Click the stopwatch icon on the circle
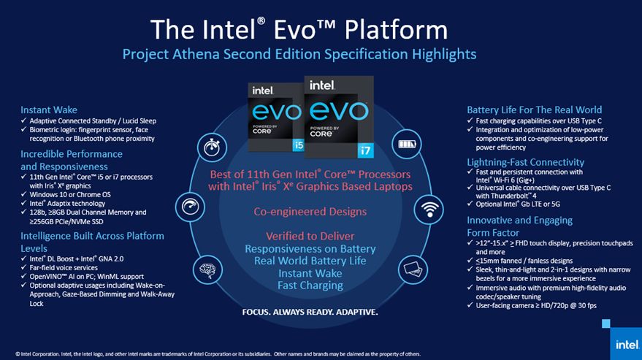(x=212, y=147)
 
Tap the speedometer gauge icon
(x=190, y=207)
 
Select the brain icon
(x=207, y=270)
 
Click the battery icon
(x=407, y=144)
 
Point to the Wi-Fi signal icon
(x=429, y=210)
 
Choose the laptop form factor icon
(x=413, y=269)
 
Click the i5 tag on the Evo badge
(x=299, y=145)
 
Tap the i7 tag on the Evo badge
(x=365, y=150)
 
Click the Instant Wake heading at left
(x=49, y=110)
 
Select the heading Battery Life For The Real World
(x=535, y=110)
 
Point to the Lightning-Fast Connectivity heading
(x=525, y=162)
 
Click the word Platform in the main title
(x=396, y=30)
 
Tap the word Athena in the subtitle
(x=196, y=54)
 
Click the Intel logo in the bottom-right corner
(x=627, y=345)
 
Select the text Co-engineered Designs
(x=310, y=212)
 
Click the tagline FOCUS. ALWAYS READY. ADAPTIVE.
(x=310, y=312)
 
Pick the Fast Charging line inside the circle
(x=310, y=286)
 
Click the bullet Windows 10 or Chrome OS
(x=70, y=194)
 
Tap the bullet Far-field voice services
(x=64, y=267)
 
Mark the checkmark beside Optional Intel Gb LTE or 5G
(x=470, y=204)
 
